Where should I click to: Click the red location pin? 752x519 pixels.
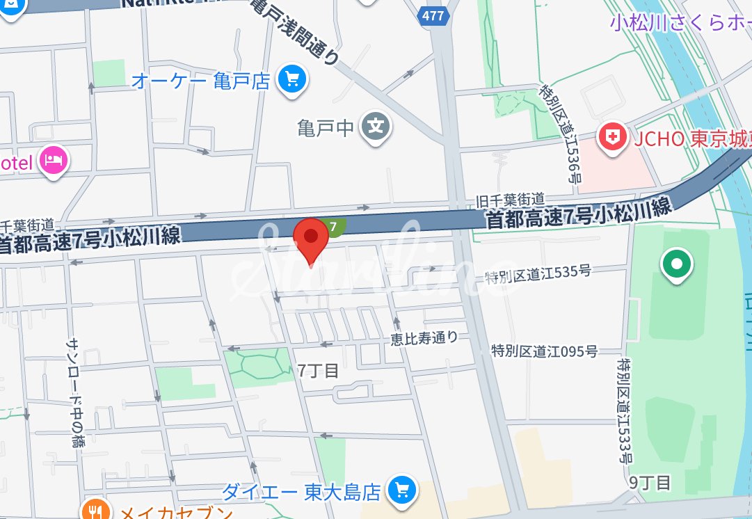(x=310, y=239)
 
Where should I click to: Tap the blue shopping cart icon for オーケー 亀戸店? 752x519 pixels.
(x=293, y=80)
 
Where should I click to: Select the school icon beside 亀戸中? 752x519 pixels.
(x=376, y=127)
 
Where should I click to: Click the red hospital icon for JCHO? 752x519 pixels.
(x=613, y=137)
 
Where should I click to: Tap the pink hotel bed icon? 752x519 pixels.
(x=54, y=161)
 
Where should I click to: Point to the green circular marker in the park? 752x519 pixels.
(x=675, y=264)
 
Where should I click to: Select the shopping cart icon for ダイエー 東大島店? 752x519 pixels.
(x=401, y=490)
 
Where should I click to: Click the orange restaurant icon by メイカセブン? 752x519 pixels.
(x=95, y=512)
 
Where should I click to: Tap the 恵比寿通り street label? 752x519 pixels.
(x=424, y=338)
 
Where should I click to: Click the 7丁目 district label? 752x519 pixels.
(x=318, y=371)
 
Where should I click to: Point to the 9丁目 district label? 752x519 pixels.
(x=649, y=483)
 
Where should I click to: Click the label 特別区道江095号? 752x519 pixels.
(x=544, y=351)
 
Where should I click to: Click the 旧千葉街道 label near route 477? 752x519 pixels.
(x=509, y=200)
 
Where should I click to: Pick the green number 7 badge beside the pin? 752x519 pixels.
(x=335, y=227)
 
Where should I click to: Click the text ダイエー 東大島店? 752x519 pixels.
(x=301, y=493)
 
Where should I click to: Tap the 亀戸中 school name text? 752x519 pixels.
(x=326, y=128)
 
